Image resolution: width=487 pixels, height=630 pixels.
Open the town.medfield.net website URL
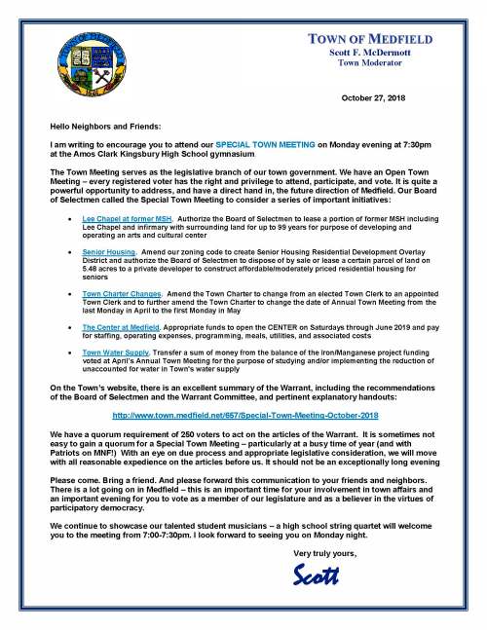[x=243, y=414]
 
